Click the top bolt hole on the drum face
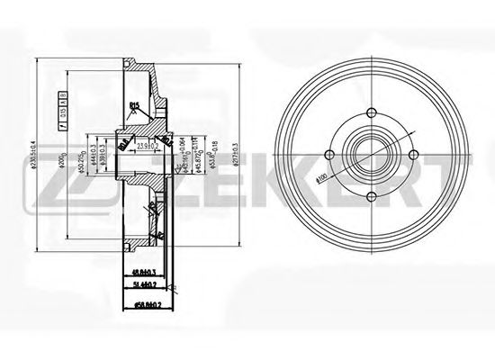click(371, 116)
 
